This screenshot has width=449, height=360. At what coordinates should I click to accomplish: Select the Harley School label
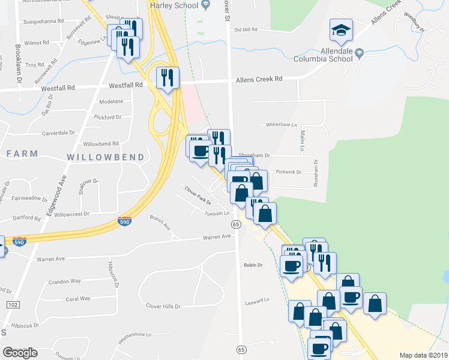pos(174,6)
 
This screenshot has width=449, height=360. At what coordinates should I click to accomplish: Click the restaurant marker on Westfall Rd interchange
pos(167,78)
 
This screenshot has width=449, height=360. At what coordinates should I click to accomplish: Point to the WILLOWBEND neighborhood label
pos(105,157)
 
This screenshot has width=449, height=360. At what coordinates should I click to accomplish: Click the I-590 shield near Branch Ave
pos(125,221)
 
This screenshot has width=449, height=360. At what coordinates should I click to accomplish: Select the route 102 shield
pos(12,305)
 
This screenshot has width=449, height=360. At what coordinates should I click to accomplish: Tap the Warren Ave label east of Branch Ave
pos(216,236)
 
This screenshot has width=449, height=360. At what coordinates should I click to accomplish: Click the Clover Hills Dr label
pos(163,306)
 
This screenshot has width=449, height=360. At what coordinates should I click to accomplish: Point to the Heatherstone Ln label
pos(135,334)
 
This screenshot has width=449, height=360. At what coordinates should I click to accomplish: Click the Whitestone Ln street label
pos(282,125)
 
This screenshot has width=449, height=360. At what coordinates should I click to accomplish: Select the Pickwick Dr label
pos(289,172)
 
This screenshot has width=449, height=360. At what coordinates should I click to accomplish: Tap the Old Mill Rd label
pos(246,29)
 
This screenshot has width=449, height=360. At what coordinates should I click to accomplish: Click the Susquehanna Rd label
pos(44,20)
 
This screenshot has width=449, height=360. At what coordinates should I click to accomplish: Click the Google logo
pos(20,353)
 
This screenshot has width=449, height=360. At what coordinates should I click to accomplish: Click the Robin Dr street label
pos(253,265)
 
